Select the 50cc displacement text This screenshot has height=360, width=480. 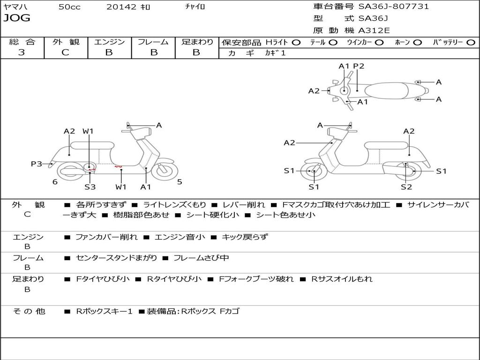pos(69,7)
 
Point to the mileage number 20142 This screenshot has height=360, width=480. pos(121,7)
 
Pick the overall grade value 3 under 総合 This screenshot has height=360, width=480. pos(22,52)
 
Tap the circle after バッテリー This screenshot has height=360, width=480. pos(471,42)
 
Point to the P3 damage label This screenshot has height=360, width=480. pos(36,164)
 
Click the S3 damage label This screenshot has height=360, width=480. pos(90,187)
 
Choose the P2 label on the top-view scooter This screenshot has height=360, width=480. pos(359,66)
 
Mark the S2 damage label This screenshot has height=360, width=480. pos(406,187)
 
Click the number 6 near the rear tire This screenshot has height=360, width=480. pos(55,182)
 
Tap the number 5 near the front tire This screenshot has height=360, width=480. pos(180,182)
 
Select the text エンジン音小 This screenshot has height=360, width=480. pos(180,237)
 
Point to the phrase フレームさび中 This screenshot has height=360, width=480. pos(201,258)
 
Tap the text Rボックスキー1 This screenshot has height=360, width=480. pos(104,311)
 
